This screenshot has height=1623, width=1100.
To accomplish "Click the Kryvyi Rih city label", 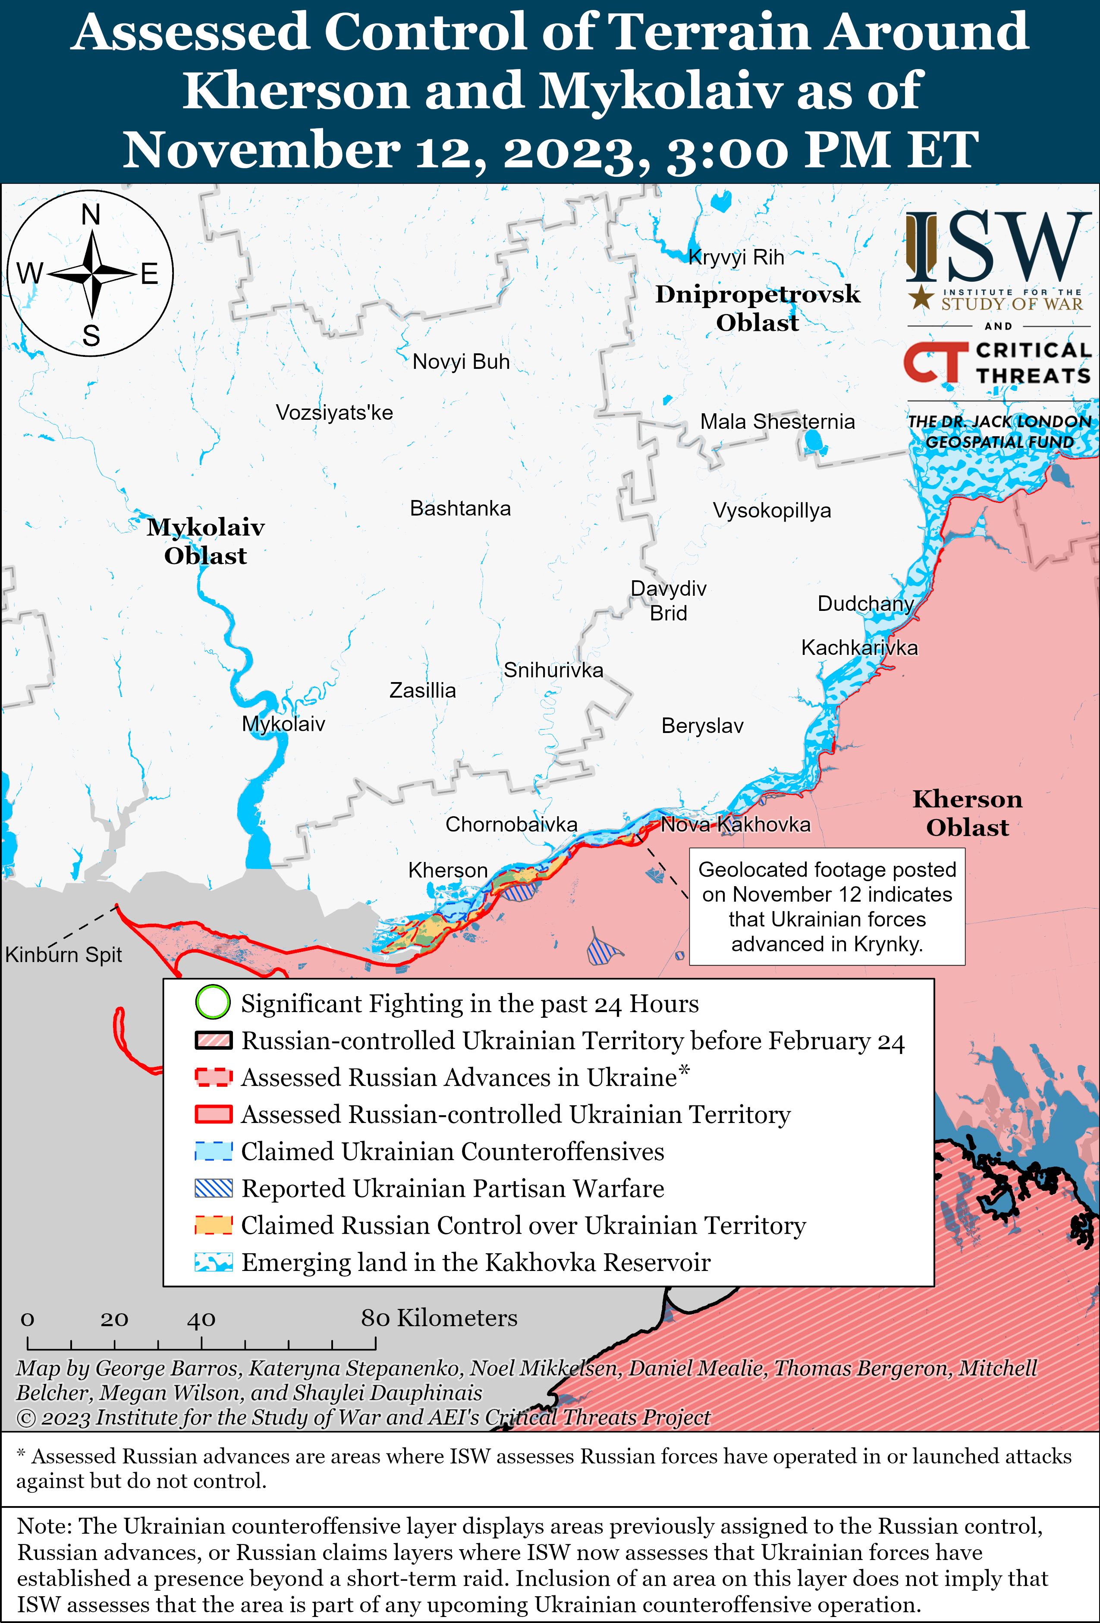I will click(736, 258).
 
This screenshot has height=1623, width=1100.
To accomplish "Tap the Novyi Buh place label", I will click(461, 362).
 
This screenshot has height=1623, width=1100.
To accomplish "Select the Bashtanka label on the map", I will click(460, 508).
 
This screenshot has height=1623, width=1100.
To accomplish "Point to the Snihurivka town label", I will click(553, 670).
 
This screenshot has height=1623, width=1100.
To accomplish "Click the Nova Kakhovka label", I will click(735, 825).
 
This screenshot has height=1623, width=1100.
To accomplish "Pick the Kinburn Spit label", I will click(63, 955).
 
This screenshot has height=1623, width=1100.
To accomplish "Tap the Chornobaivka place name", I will click(511, 825).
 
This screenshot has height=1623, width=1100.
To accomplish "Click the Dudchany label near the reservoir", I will click(865, 604).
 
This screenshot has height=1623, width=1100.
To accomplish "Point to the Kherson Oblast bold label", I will click(967, 813).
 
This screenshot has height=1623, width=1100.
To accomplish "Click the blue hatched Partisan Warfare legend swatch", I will click(214, 1188).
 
